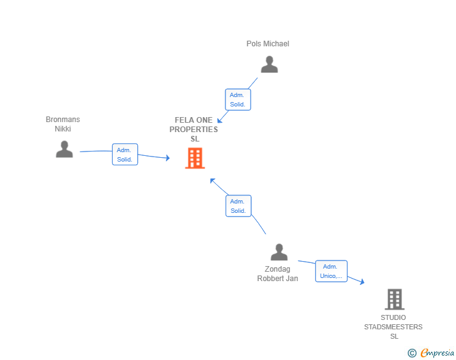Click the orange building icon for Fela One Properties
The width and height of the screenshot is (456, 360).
pyautogui.click(x=195, y=158)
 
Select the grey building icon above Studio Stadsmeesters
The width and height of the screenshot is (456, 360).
pyautogui.click(x=395, y=299)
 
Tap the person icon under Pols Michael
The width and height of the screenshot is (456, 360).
pyautogui.click(x=269, y=64)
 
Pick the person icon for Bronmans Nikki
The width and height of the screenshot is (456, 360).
pyautogui.click(x=65, y=149)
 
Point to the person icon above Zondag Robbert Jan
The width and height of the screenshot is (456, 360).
pyautogui.click(x=279, y=252)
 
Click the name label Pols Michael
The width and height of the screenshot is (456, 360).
pyautogui.click(x=268, y=44)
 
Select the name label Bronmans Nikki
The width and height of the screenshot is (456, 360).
pyautogui.click(x=63, y=124)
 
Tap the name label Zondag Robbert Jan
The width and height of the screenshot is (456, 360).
pyautogui.click(x=277, y=274)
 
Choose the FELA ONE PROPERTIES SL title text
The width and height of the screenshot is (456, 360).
pyautogui.click(x=194, y=130)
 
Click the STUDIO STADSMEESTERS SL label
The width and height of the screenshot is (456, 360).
pyautogui.click(x=393, y=327)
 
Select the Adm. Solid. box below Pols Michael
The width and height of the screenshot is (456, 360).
pyautogui.click(x=238, y=100)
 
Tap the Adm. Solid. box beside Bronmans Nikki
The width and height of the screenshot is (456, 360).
pyautogui.click(x=125, y=155)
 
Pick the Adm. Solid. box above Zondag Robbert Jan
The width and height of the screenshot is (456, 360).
pyautogui.click(x=239, y=206)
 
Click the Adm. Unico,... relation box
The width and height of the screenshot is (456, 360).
pyautogui.click(x=331, y=271)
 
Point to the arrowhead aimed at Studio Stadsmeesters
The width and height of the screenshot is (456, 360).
pyautogui.click(x=362, y=282)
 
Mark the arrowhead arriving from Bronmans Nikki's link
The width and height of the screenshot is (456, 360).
pyautogui.click(x=168, y=158)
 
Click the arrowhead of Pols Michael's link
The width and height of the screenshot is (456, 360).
pyautogui.click(x=220, y=120)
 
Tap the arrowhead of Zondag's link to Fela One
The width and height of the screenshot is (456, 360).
pyautogui.click(x=212, y=181)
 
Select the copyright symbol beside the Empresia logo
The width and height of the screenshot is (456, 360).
pyautogui.click(x=412, y=353)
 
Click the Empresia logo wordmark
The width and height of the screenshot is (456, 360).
pyautogui.click(x=437, y=353)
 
